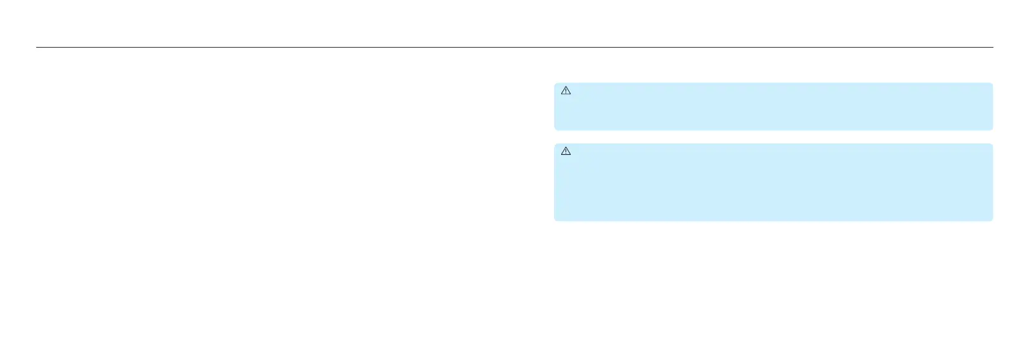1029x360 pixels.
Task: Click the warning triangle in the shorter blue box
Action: click(566, 91)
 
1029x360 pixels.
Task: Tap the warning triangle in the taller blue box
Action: click(566, 151)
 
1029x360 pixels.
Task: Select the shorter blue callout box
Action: click(773, 107)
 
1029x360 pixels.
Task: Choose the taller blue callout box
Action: click(773, 183)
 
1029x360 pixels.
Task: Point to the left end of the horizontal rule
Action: click(37, 47)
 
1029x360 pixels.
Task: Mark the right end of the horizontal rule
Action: click(992, 47)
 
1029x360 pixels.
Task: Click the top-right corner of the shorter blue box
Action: click(992, 84)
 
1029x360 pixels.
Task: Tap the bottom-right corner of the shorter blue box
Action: click(992, 129)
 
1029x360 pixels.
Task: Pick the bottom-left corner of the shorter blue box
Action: click(555, 129)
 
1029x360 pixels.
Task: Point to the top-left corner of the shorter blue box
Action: click(555, 84)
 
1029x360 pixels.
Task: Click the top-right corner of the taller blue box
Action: click(992, 145)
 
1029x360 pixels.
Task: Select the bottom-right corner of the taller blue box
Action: click(992, 220)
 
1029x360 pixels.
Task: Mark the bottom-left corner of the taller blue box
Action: click(555, 220)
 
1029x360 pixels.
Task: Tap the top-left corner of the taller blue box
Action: click(555, 145)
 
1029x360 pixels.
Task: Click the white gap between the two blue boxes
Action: click(773, 137)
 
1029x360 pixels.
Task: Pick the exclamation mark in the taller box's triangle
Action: click(566, 152)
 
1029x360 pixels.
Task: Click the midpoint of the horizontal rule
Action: click(515, 47)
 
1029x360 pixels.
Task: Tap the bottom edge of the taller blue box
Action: click(773, 220)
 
